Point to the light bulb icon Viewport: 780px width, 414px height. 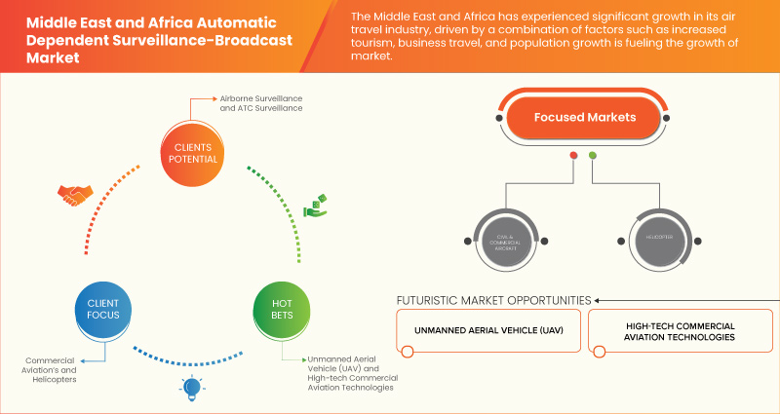[191, 388]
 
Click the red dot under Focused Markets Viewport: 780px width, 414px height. [573, 156]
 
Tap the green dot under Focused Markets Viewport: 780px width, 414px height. [593, 156]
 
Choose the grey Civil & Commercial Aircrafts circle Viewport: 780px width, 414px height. [505, 238]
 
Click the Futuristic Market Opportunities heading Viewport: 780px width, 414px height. [493, 299]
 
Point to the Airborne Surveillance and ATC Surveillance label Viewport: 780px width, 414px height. [261, 104]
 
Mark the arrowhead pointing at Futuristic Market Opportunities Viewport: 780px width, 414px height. [598, 299]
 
